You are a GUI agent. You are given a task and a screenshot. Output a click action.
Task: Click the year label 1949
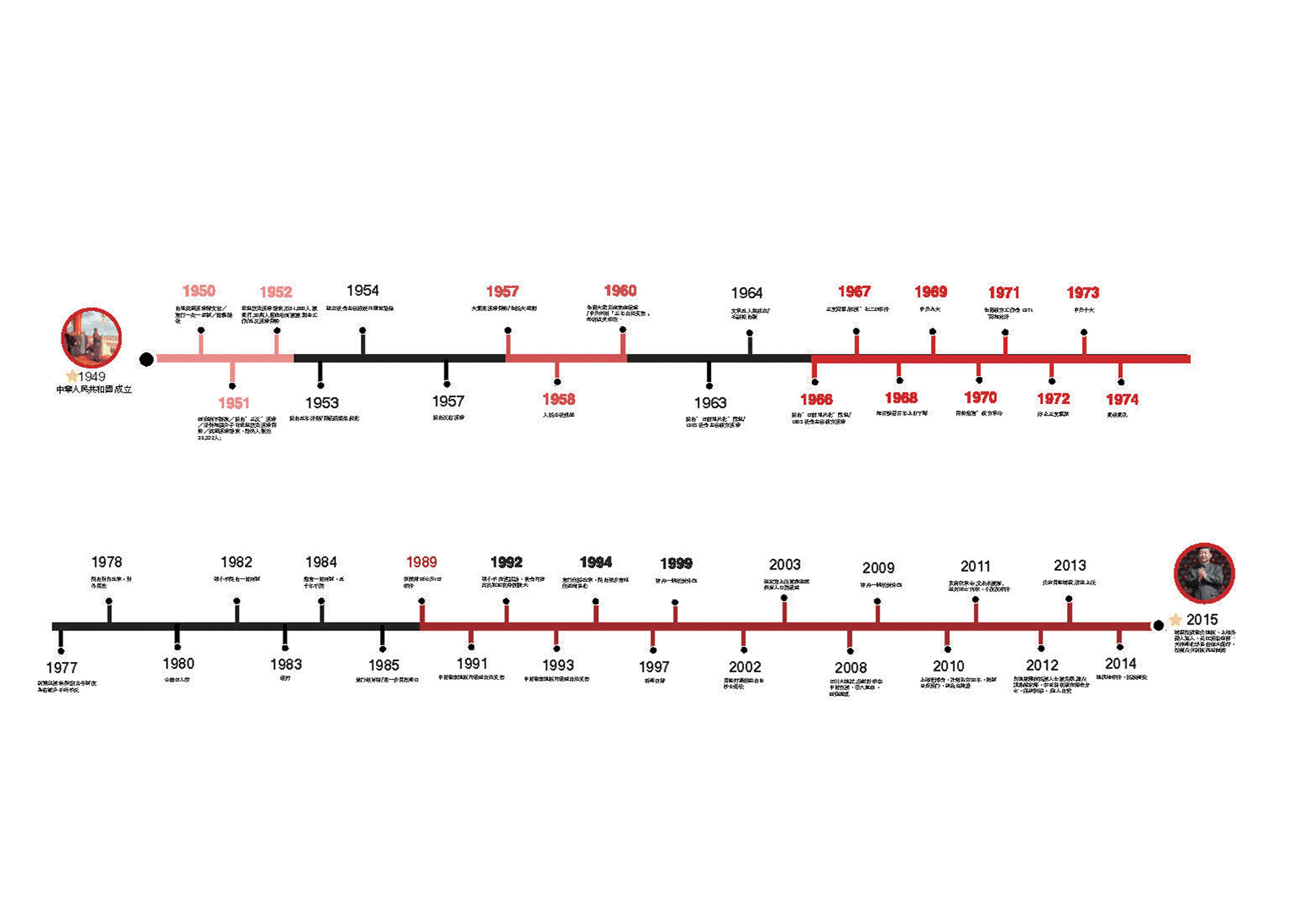[x=92, y=377]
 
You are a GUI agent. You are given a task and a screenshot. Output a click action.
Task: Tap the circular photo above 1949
[x=91, y=337]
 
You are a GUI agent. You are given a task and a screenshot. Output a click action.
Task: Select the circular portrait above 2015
[x=1204, y=573]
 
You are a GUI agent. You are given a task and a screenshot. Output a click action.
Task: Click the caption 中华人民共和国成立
[x=94, y=390]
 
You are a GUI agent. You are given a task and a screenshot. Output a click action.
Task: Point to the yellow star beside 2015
[x=1175, y=620]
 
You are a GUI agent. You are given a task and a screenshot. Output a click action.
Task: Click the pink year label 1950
[x=198, y=291]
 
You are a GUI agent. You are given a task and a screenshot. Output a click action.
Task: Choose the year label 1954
[x=362, y=290]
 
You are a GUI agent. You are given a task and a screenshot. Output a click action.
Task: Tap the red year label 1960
[x=620, y=290]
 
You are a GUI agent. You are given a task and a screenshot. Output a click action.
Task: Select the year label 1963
[x=710, y=403]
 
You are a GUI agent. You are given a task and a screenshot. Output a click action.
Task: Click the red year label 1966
[x=816, y=400]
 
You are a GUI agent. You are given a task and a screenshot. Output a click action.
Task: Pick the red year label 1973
[x=1083, y=292]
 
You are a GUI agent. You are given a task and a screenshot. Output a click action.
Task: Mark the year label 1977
[x=62, y=668]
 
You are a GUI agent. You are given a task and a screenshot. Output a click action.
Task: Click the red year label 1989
[x=421, y=562]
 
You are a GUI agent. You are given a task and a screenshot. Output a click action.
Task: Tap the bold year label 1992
[x=506, y=562]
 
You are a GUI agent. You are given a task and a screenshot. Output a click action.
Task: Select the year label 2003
[x=785, y=565]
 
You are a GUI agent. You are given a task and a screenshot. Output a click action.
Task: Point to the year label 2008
[x=851, y=668]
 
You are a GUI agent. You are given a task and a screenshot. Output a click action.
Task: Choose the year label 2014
[x=1121, y=663]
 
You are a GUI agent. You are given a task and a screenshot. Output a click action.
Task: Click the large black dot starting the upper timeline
[x=146, y=359]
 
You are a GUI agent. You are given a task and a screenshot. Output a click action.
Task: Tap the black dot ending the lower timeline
[x=1158, y=625]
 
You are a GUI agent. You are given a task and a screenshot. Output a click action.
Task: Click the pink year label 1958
[x=559, y=399]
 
